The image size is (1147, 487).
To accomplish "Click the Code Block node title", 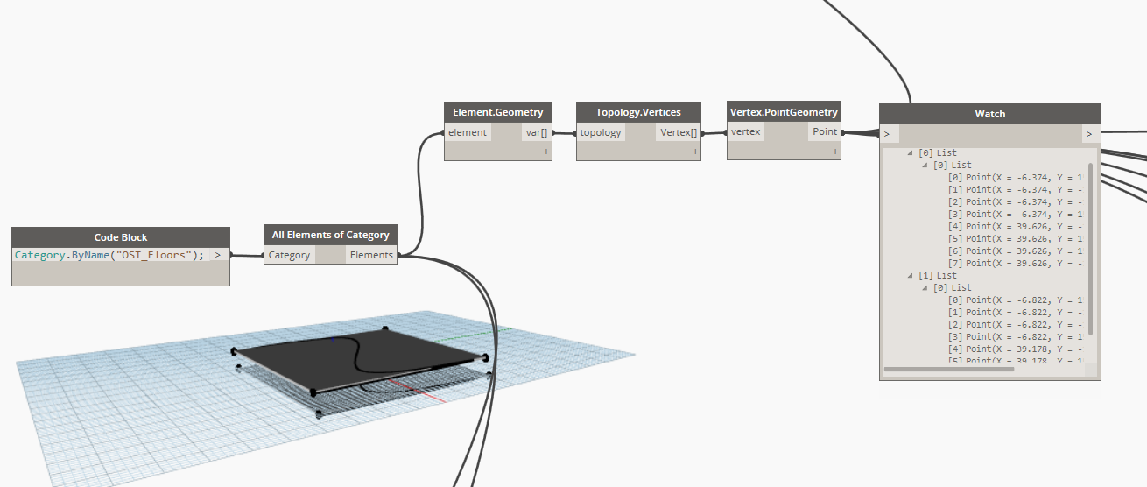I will click(x=121, y=237).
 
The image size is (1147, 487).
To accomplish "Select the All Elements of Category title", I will click(x=330, y=235).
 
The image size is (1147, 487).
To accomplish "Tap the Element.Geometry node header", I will click(x=498, y=112).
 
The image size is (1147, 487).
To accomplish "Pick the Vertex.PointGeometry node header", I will click(x=784, y=112).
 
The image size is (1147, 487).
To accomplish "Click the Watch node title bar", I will click(x=989, y=114).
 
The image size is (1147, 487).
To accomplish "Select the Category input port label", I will click(x=289, y=255).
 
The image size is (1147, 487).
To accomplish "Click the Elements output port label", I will click(x=371, y=255).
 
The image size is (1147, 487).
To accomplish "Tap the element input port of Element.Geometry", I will click(x=468, y=132).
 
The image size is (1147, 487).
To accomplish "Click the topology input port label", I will click(x=601, y=132).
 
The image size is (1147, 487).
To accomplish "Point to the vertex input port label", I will click(x=746, y=132).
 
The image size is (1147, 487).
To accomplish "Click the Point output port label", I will click(x=825, y=132).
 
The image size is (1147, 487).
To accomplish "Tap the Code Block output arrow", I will click(x=217, y=255).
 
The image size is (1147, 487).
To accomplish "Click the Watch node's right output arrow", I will click(x=1089, y=134).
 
